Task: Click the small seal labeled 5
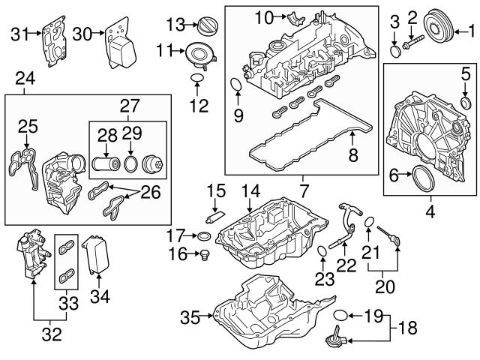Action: pyautogui.click(x=466, y=102)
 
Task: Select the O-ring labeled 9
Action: pyautogui.click(x=235, y=85)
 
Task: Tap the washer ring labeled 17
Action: pyautogui.click(x=202, y=237)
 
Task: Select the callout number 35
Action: pyautogui.click(x=190, y=317)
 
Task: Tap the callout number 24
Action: pyautogui.click(x=25, y=76)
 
